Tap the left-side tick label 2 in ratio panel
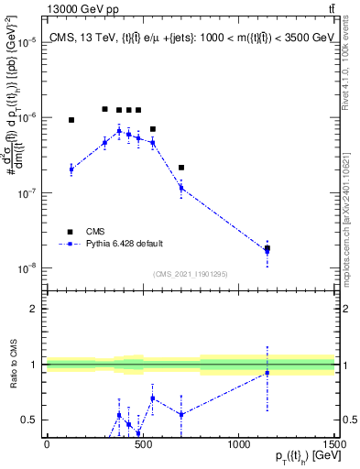[36, 309]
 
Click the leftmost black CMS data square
[71, 120]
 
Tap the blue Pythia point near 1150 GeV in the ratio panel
[267, 373]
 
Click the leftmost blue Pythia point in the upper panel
[71, 169]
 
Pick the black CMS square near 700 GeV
[181, 168]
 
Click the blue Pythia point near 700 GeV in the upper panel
[181, 188]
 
